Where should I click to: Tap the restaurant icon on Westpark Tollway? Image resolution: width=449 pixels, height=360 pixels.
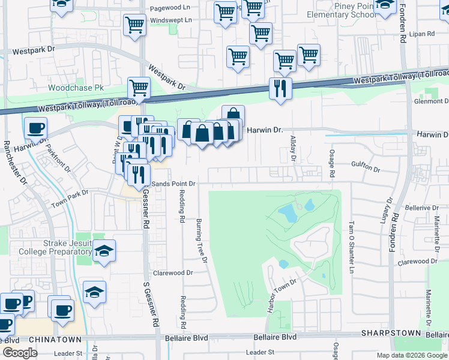pos(280,89)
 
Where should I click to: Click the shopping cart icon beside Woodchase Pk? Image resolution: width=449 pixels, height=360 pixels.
pos(139,88)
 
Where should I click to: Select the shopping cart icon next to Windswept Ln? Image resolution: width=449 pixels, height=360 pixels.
pos(134,25)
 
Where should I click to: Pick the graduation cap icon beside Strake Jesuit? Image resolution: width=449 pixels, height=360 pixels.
pos(104,251)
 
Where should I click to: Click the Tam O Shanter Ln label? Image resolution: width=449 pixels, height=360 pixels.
pos(352,239)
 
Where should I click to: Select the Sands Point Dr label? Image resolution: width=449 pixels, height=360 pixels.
pos(173,184)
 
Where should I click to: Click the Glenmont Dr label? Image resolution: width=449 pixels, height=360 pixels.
pos(431,101)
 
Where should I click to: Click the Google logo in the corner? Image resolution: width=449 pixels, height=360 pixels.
pos(20,353)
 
